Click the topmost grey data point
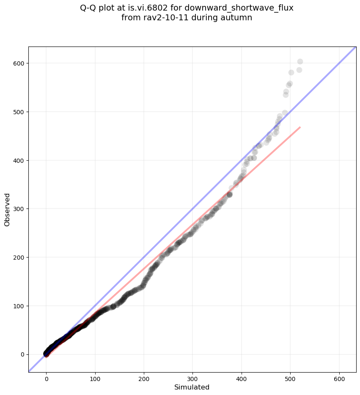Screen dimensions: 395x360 [300, 62]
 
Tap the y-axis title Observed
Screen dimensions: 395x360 [7, 209]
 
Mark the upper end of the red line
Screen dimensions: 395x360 [300, 127]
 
